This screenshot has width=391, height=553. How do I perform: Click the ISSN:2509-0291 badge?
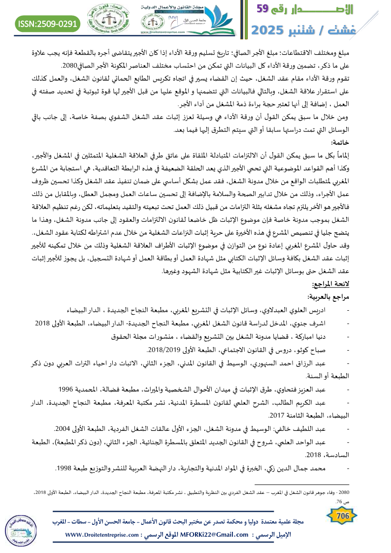click(48, 24)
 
